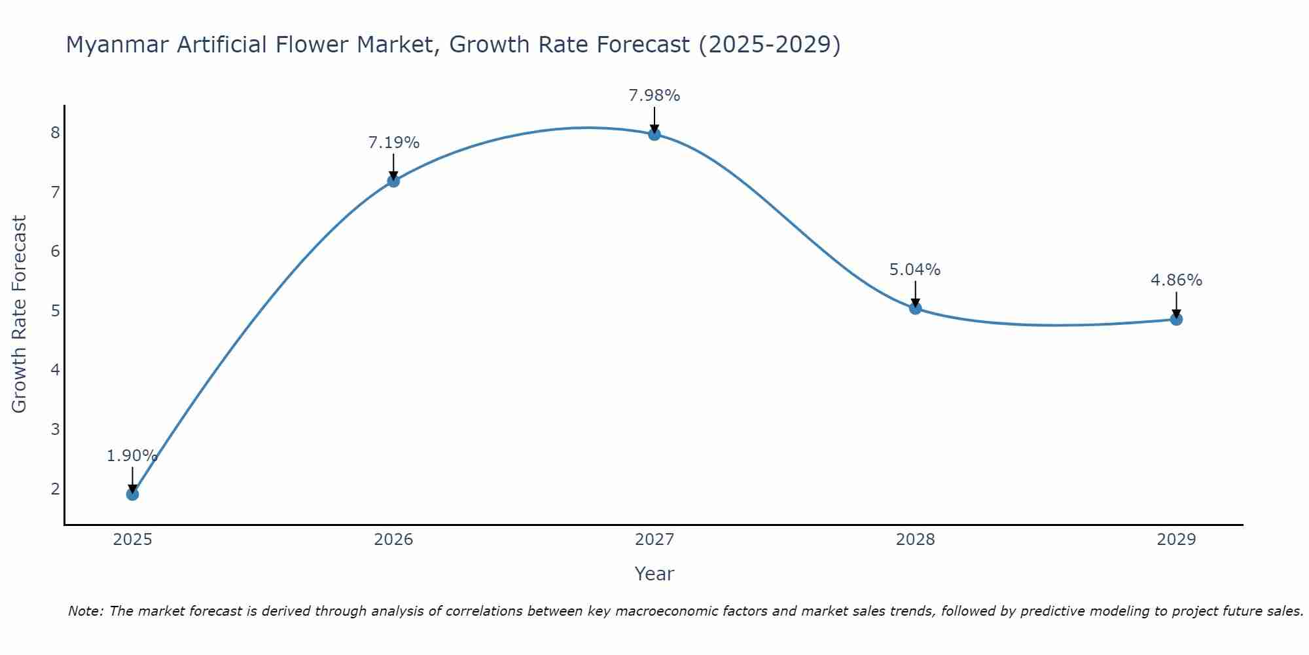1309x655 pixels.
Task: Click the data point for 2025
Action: pyautogui.click(x=132, y=494)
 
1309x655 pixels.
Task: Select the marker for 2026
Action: pyautogui.click(x=393, y=181)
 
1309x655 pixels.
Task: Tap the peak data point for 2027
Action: pyautogui.click(x=654, y=134)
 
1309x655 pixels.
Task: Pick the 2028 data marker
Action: pyautogui.click(x=915, y=308)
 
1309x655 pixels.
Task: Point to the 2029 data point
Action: pyautogui.click(x=1176, y=319)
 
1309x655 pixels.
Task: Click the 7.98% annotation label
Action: pyautogui.click(x=654, y=96)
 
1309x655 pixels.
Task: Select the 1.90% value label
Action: pyautogui.click(x=132, y=456)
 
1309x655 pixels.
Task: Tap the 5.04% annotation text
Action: pyautogui.click(x=915, y=270)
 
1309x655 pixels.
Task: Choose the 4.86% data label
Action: pyautogui.click(x=1176, y=280)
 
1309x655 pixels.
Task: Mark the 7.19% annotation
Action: pyautogui.click(x=393, y=143)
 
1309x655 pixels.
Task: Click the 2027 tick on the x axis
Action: pyautogui.click(x=654, y=540)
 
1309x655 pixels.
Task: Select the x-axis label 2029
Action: pyautogui.click(x=1176, y=540)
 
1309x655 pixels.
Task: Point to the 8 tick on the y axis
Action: pyautogui.click(x=55, y=133)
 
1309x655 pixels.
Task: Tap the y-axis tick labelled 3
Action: pyautogui.click(x=55, y=430)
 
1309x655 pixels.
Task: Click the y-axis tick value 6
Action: pyautogui.click(x=55, y=252)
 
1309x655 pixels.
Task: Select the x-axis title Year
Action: pyautogui.click(x=654, y=574)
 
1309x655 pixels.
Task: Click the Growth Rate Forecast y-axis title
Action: pyautogui.click(x=20, y=314)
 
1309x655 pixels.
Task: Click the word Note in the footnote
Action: pyautogui.click(x=84, y=611)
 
